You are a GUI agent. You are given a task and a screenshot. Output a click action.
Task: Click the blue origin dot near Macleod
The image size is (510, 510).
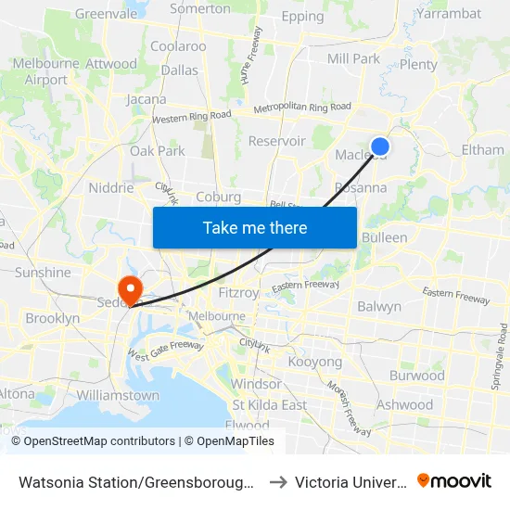(379, 147)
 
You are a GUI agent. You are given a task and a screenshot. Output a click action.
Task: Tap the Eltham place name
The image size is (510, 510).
(482, 149)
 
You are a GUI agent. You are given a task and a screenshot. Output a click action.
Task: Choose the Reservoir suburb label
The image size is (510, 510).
(276, 141)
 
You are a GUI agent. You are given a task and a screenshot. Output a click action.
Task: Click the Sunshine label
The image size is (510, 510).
(43, 273)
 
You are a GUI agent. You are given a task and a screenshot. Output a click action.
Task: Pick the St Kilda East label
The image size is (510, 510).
(270, 405)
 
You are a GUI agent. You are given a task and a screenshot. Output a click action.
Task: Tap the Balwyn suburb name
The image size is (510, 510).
(379, 307)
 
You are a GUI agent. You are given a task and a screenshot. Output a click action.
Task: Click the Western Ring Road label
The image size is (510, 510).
(192, 117)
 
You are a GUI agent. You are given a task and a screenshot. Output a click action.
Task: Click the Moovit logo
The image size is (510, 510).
(454, 481)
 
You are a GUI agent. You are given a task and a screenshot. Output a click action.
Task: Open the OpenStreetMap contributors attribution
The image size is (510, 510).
(99, 441)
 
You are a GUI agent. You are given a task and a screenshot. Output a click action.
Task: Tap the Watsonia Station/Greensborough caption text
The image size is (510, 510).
(137, 482)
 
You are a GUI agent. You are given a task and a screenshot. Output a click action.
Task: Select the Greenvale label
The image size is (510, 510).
(106, 14)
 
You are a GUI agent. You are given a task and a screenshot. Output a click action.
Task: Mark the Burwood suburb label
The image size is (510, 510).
(417, 376)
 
